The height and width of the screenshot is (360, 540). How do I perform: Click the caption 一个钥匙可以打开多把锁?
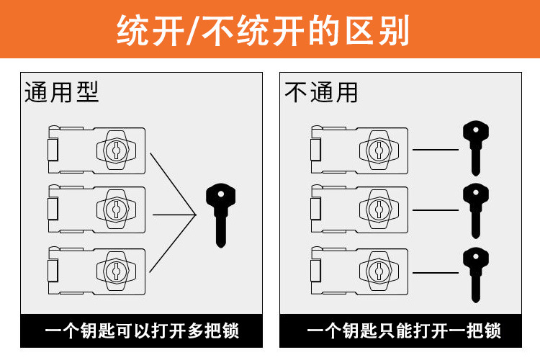click(141, 331)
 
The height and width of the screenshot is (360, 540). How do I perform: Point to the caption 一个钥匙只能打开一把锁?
click(403, 331)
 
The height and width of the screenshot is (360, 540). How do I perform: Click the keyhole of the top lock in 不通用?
click(377, 150)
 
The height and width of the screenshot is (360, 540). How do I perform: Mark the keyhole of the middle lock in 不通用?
click(377, 209)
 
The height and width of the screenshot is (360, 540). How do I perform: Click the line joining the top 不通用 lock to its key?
click(436, 150)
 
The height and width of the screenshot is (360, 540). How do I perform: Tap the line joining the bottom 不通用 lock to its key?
click(436, 273)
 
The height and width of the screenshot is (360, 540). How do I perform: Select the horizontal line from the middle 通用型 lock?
click(173, 214)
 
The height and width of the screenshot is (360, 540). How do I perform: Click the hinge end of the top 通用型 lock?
click(53, 150)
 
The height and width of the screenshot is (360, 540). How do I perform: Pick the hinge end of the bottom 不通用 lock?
click(315, 271)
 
